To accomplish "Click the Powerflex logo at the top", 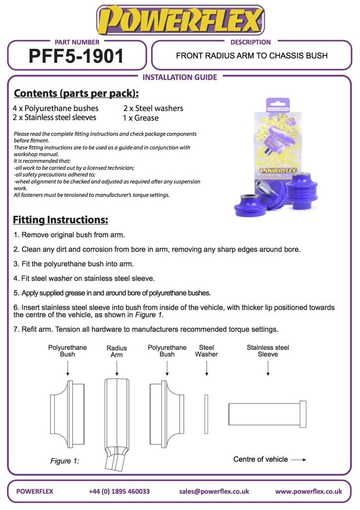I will coord(180,20).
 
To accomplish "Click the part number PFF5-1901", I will coord(76,56).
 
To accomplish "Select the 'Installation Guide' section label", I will coord(180,77).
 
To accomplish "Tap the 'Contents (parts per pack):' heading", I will coord(76,94).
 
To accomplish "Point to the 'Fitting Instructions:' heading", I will coord(60,220).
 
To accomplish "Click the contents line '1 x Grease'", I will coord(140,118).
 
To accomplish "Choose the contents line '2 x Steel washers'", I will coord(153,108).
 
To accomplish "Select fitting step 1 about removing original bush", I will coord(69,235).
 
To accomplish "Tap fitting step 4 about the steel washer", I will coord(84,278).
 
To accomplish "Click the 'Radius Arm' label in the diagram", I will coord(117,351).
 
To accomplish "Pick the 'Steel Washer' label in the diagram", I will coord(206,351).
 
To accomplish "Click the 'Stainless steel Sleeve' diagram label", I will coord(268,351).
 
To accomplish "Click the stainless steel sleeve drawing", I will coord(267,414).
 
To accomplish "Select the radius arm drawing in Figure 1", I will coord(117,418).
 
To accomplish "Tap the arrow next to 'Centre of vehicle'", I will coord(298,460).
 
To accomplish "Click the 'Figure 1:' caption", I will coord(65,461).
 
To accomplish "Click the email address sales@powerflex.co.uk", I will coord(214,491).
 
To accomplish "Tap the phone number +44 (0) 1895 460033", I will coord(119,491).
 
